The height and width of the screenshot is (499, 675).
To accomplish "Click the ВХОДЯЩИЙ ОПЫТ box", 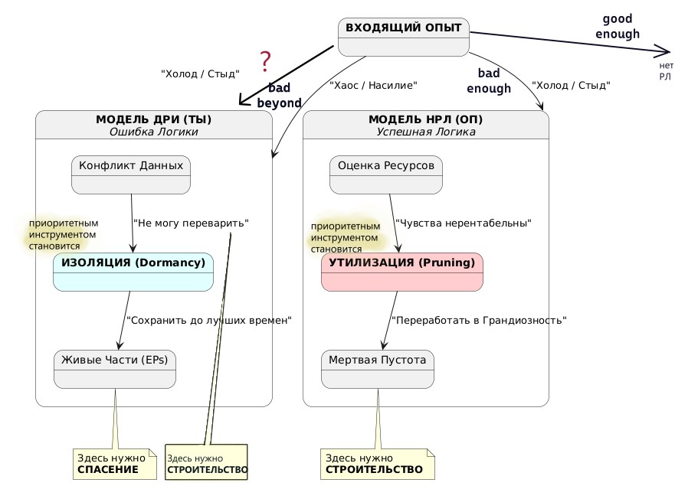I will (x=403, y=37).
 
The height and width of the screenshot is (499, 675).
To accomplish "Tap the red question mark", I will (x=266, y=60).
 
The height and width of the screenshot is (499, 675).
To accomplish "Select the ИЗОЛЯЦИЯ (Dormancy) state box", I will (x=133, y=272).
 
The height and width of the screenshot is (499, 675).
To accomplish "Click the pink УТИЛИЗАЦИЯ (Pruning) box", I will (x=402, y=272).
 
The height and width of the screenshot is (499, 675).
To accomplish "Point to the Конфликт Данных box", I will (x=131, y=174).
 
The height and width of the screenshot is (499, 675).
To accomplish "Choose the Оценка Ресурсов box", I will (x=386, y=174).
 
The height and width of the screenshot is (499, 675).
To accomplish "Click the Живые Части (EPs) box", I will (x=116, y=369).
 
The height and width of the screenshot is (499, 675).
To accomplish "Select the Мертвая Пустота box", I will (x=378, y=369).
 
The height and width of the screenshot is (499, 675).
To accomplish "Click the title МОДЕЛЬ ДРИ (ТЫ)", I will (x=153, y=119).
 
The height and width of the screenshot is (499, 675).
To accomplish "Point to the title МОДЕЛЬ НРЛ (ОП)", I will (x=425, y=119).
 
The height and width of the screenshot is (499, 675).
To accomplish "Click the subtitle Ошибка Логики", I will (x=153, y=132).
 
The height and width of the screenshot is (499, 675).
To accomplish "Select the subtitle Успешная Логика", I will (x=425, y=132).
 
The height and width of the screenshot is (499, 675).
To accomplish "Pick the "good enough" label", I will (x=618, y=26).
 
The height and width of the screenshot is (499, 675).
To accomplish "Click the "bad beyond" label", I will (x=279, y=96).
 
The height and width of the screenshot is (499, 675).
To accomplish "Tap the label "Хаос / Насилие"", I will (x=373, y=86).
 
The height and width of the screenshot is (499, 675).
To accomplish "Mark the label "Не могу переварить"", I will (x=191, y=223).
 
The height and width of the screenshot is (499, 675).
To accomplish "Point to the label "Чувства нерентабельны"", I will (x=464, y=223).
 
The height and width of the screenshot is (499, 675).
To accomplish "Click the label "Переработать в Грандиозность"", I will (x=479, y=321).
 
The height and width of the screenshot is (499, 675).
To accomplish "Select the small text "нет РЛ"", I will (x=666, y=71).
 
